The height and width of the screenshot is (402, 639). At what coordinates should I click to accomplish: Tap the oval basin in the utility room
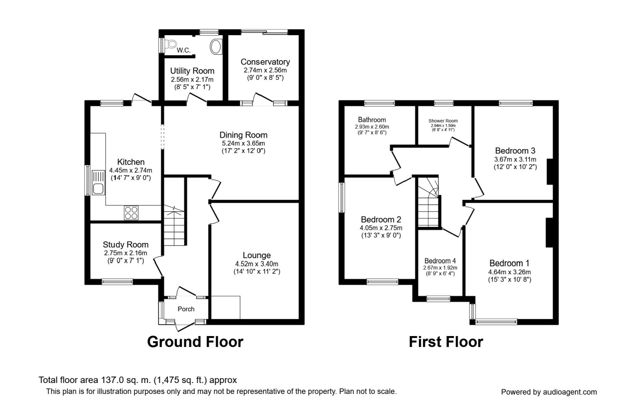(216, 47)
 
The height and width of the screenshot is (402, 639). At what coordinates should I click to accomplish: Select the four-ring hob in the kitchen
(131, 213)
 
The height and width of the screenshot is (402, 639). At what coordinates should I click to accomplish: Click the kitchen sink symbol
(98, 182)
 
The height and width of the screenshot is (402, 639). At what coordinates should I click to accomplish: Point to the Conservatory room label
(265, 62)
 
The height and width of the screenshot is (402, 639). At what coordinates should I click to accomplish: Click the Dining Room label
(243, 135)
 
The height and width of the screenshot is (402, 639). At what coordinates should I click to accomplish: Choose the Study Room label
(126, 244)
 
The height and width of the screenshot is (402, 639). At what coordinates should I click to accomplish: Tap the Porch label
(186, 309)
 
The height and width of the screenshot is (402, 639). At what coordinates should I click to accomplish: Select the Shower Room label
(443, 121)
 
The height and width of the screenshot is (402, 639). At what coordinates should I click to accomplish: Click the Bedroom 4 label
(440, 261)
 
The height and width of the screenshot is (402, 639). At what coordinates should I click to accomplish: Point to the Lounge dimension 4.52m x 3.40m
(257, 264)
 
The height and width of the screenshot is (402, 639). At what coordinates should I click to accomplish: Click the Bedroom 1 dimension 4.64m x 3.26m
(509, 272)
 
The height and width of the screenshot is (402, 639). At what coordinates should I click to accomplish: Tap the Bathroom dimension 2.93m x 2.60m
(372, 127)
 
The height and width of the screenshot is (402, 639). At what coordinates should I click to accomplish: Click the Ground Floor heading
(195, 342)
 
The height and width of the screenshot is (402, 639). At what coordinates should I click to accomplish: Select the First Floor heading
(446, 342)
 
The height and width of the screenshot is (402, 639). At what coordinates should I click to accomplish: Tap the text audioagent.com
(570, 392)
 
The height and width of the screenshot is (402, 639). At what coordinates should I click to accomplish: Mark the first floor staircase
(428, 202)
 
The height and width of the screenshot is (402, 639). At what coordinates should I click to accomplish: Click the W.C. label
(184, 50)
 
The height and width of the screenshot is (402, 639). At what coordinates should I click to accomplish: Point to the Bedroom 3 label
(515, 150)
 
